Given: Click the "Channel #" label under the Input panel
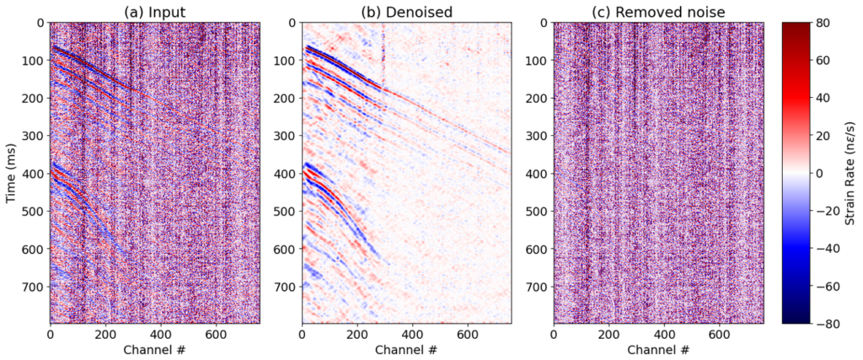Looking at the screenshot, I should click(x=154, y=349).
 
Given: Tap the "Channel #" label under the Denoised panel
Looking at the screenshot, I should click(x=406, y=349).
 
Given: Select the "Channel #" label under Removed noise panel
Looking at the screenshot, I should click(x=658, y=349).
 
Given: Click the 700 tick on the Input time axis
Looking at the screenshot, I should click(x=34, y=286).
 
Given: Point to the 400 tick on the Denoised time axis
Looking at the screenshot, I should click(x=286, y=173).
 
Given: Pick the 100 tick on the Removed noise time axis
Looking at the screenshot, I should click(x=538, y=61).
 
